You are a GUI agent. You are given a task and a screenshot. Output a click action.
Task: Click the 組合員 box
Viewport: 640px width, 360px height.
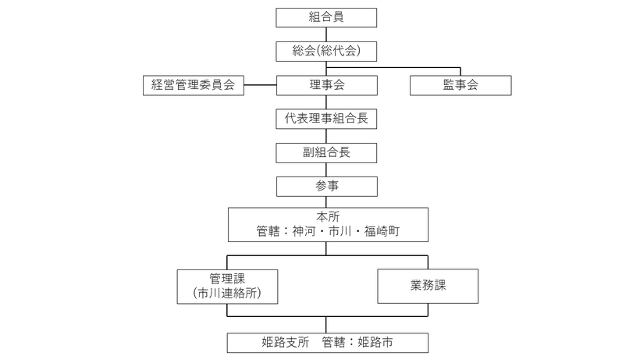click(326, 17)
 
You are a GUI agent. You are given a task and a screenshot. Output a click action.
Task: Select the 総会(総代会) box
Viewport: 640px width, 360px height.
click(326, 52)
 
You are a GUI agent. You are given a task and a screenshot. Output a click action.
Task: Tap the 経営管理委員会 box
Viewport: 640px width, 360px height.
click(194, 85)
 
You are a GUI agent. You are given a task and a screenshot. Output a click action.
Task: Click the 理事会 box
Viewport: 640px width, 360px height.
click(327, 85)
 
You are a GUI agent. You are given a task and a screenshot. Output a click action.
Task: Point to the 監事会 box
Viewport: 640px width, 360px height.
click(460, 85)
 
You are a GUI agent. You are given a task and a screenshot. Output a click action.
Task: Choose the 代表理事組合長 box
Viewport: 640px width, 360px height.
click(326, 119)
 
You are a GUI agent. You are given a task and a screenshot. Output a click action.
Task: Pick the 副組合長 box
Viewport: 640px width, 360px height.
click(326, 153)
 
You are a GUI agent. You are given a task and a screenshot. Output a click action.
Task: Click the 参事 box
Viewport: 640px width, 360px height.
click(327, 187)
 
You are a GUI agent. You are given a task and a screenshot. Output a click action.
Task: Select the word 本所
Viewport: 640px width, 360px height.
click(328, 216)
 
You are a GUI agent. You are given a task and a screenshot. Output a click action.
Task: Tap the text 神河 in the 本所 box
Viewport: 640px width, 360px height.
click(304, 231)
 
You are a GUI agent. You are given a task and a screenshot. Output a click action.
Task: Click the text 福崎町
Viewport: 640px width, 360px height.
click(382, 231)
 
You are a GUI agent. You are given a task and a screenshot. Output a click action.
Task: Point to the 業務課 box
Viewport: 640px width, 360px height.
click(428, 286)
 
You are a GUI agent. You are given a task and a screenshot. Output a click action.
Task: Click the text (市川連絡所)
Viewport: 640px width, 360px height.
click(227, 293)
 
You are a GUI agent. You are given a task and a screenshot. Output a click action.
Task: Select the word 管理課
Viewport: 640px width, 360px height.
click(227, 279)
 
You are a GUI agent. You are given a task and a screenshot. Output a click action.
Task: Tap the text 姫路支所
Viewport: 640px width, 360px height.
click(286, 342)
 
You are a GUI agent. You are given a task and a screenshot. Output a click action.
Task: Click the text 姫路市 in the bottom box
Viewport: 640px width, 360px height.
click(375, 342)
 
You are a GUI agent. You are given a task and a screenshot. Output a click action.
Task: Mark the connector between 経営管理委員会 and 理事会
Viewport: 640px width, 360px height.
click(261, 85)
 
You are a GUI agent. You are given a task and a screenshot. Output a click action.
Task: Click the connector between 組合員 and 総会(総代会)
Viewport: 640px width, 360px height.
click(326, 34)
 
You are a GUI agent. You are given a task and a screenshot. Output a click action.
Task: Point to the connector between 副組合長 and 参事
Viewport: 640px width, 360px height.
click(326, 169)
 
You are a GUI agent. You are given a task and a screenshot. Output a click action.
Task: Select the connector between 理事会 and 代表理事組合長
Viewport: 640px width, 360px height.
click(326, 102)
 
